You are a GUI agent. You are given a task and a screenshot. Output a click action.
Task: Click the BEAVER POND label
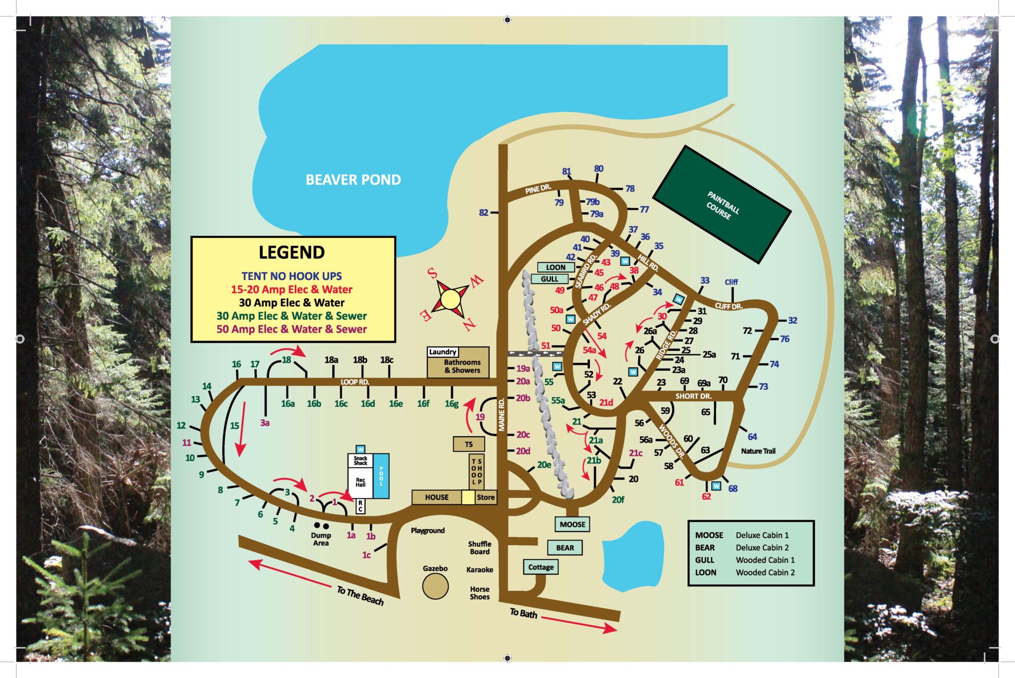pyautogui.click(x=353, y=180)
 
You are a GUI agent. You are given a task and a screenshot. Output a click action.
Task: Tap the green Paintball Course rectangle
pyautogui.click(x=721, y=204)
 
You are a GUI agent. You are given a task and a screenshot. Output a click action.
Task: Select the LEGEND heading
pyautogui.click(x=291, y=252)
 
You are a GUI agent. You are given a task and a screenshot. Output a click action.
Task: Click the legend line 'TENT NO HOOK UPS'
pyautogui.click(x=291, y=276)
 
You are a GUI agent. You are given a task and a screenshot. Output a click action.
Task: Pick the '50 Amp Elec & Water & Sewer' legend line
pyautogui.click(x=291, y=329)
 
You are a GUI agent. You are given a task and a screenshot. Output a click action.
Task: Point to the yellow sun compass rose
pyautogui.click(x=451, y=299)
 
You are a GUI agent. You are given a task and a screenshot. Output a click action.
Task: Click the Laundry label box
pyautogui.click(x=443, y=352)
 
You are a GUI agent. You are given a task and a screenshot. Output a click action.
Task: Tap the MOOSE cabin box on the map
pyautogui.click(x=572, y=524)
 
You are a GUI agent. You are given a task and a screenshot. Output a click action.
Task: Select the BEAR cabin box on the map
pyautogui.click(x=565, y=548)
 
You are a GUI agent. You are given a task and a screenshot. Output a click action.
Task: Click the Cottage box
pyautogui.click(x=541, y=567)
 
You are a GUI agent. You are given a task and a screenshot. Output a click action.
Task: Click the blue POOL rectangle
pyautogui.click(x=381, y=476)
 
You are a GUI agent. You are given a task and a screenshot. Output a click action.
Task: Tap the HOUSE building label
pyautogui.click(x=437, y=497)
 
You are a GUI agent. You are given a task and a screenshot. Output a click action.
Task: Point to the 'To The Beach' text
pyautogui.click(x=360, y=596)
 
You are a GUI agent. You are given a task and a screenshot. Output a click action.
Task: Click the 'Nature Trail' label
pyautogui.click(x=758, y=451)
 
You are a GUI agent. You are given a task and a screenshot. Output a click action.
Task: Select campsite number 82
pyautogui.click(x=484, y=213)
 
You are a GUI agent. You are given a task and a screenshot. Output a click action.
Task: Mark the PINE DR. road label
pyautogui.click(x=538, y=189)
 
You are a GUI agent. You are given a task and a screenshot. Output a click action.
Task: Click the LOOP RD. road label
pyautogui.click(x=355, y=382)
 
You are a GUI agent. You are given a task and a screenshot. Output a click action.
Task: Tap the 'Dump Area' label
pyautogui.click(x=321, y=539)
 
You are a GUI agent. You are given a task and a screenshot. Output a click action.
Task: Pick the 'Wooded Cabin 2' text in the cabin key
pyautogui.click(x=765, y=572)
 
